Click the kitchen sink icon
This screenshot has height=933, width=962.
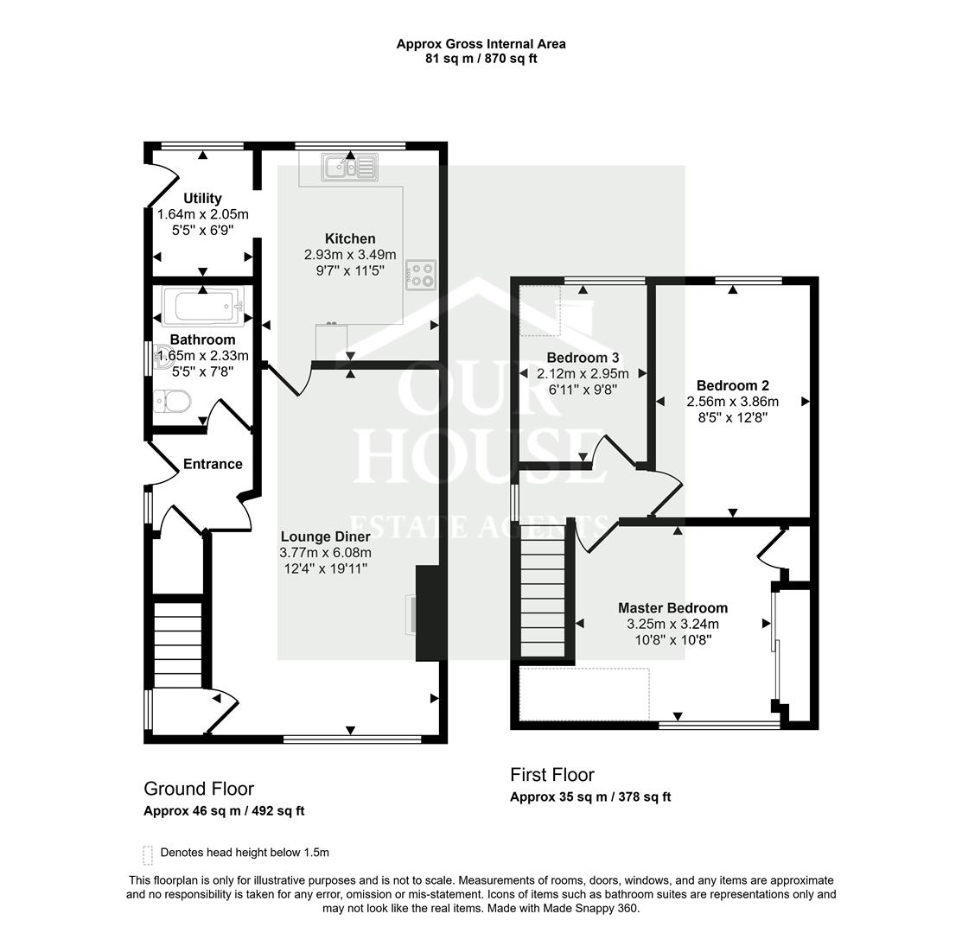(350, 167)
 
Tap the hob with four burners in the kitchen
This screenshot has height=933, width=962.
(421, 275)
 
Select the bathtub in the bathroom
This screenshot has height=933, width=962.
(203, 304)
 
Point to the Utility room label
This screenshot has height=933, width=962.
(202, 199)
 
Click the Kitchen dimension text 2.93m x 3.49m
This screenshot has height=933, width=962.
(349, 255)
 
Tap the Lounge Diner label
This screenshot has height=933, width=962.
(325, 537)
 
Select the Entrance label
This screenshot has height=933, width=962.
(213, 464)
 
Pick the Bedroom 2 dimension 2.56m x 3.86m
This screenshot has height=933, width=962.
(732, 402)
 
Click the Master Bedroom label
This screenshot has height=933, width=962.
(672, 608)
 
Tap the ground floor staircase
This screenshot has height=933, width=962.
(177, 643)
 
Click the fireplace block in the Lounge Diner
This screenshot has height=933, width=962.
(430, 613)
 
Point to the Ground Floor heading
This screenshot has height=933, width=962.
(199, 788)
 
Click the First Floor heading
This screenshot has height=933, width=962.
(551, 775)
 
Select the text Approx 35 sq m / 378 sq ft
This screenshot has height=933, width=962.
(589, 797)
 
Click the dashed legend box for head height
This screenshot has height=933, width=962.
(148, 854)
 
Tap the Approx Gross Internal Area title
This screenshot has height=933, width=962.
(481, 43)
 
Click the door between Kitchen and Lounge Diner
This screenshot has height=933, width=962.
(290, 381)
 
